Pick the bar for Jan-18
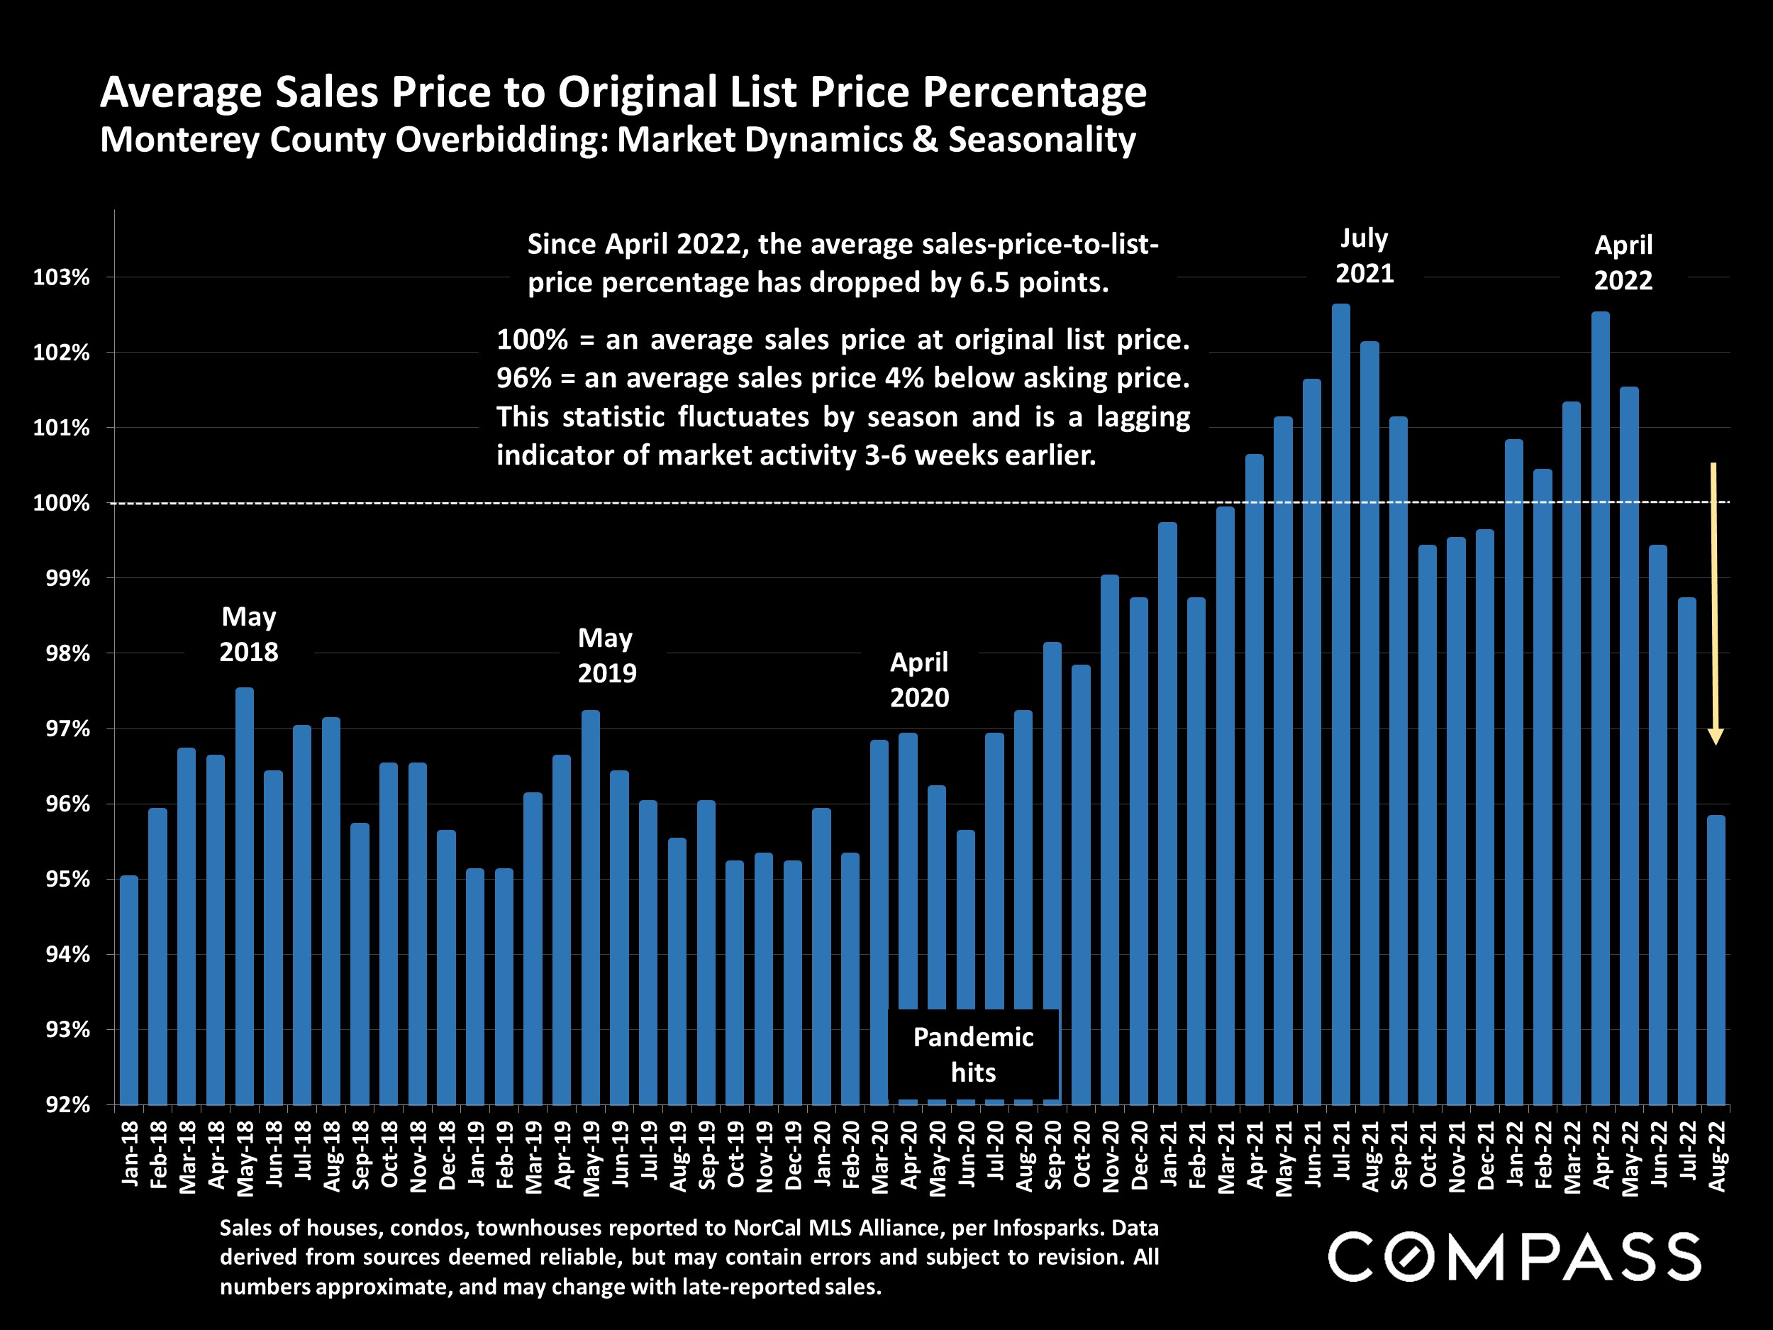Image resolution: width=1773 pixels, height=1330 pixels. (129, 990)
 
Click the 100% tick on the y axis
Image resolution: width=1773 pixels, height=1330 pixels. (61, 504)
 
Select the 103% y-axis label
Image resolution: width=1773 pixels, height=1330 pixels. (61, 277)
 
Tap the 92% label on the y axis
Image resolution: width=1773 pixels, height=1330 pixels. (67, 1104)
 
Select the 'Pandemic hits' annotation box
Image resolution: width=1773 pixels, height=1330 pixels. (973, 1054)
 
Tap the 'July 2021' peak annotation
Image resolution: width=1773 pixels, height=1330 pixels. (1365, 256)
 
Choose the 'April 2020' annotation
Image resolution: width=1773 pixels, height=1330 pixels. (919, 679)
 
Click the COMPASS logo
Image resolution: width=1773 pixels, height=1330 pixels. (1514, 1257)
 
